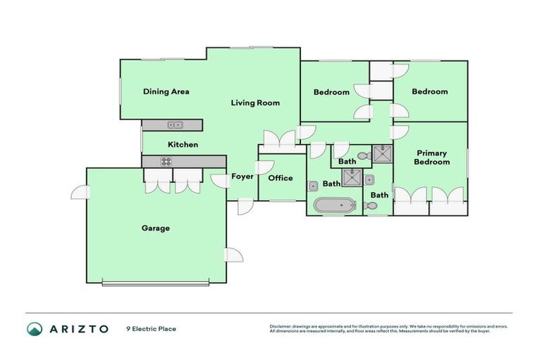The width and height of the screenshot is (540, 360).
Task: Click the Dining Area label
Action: point(166,91)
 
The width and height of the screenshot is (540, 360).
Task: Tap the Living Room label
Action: point(255,103)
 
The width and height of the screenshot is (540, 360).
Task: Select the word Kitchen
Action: point(183,145)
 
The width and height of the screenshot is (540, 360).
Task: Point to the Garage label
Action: point(155,228)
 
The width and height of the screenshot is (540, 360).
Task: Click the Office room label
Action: point(280,178)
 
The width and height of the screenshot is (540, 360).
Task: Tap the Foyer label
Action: point(242,176)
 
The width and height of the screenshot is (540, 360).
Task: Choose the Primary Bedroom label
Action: point(432,157)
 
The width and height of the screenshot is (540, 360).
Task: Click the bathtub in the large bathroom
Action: point(335,206)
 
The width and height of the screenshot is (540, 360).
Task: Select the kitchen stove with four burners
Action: point(166,161)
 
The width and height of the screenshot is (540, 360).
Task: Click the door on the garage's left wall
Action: point(79,192)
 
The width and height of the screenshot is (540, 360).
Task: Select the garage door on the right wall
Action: point(233,255)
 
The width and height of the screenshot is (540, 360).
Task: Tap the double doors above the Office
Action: point(280,139)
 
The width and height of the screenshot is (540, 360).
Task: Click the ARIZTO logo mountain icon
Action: point(35,328)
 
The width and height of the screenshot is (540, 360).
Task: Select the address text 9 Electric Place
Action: point(151,328)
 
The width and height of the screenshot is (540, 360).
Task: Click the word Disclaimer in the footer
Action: point(283,326)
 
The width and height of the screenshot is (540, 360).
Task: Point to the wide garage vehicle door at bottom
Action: point(155,283)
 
